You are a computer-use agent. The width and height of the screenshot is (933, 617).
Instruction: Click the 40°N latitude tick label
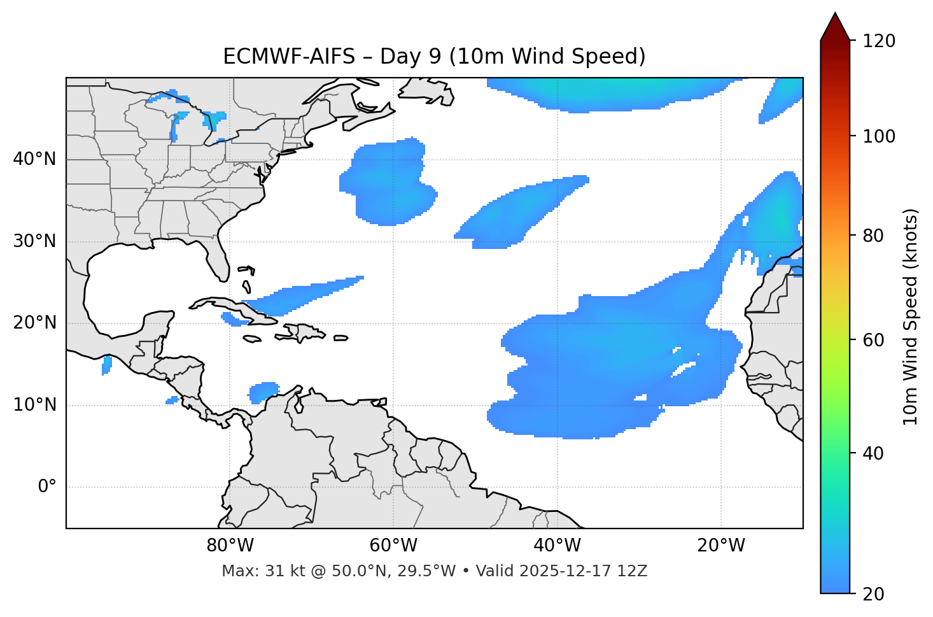tap(34, 159)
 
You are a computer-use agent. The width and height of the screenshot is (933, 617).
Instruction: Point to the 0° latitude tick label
tap(46, 487)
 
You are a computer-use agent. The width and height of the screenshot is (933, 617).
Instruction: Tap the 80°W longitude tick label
tap(230, 546)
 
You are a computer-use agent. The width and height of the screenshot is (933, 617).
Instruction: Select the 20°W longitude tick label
tap(721, 546)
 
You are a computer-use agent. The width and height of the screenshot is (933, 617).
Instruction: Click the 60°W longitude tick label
tap(393, 546)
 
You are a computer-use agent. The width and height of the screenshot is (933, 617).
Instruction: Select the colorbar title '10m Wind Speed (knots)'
tap(911, 317)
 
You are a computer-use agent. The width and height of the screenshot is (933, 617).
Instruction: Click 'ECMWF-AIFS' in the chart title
tap(289, 57)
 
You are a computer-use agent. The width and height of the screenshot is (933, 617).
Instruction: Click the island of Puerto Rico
tap(340, 338)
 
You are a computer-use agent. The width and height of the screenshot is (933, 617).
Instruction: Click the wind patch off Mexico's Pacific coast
tap(107, 365)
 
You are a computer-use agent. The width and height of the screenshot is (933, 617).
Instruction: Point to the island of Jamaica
tap(252, 339)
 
